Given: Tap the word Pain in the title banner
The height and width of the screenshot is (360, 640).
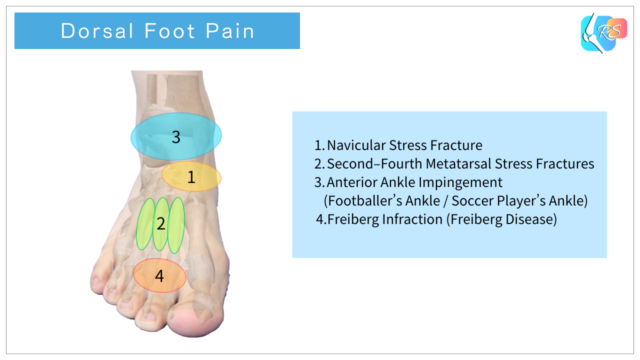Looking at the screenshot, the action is pos(230,31).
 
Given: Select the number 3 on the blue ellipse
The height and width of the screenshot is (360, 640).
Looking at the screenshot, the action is pos(176,137).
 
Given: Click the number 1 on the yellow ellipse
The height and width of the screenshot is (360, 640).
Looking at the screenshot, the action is pos(191,177).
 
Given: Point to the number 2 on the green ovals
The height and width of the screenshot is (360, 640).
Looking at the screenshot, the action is pos(160,223).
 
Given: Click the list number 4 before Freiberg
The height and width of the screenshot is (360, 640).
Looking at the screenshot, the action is pos(319,219).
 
